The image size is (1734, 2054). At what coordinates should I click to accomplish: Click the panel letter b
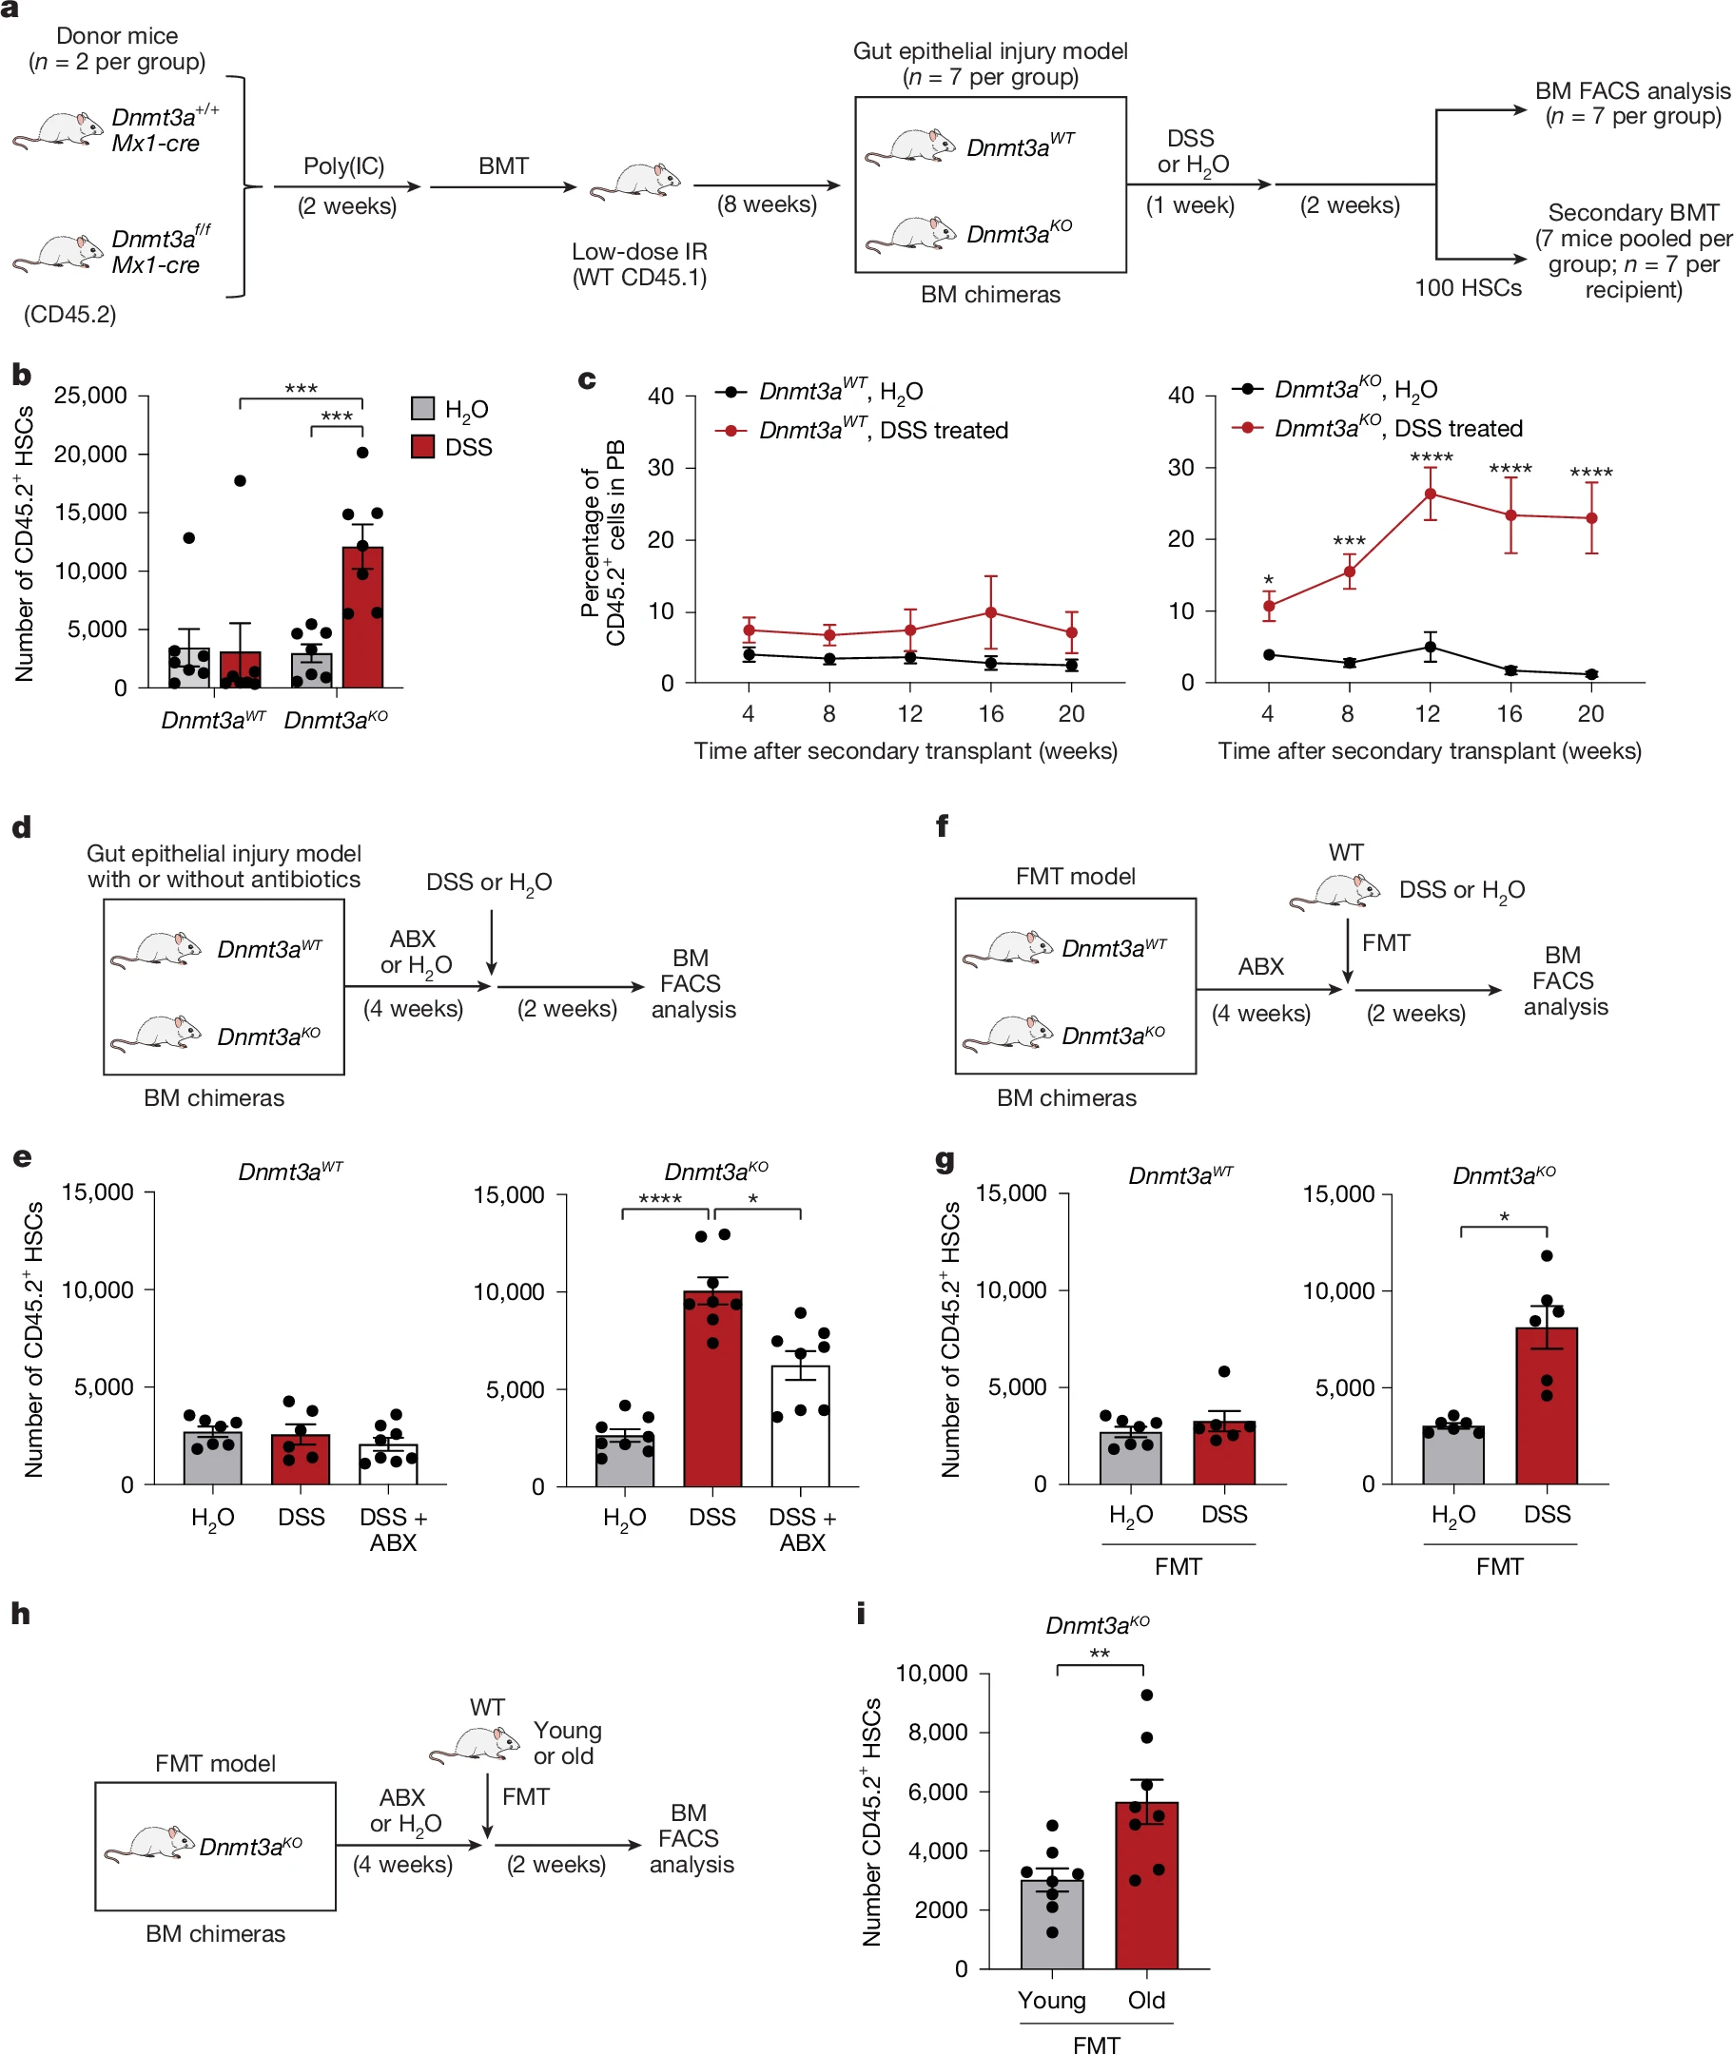22,375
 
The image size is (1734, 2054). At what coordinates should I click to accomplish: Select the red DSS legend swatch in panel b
422,446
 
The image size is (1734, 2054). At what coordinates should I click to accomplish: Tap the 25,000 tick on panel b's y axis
90,395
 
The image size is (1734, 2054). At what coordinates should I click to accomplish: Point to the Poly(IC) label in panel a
343,166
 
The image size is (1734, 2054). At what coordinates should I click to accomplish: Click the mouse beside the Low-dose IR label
636,182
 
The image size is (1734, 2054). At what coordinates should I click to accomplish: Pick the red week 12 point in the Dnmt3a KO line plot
1431,494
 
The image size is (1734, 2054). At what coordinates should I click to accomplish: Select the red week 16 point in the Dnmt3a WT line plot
991,612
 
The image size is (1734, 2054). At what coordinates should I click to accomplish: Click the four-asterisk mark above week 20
1590,474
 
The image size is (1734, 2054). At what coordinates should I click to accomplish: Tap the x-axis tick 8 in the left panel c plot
828,713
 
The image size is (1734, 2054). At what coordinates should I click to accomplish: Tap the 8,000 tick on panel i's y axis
937,1732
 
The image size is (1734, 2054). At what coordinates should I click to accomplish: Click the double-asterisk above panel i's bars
1099,1654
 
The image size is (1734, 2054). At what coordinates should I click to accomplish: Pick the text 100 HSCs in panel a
1468,288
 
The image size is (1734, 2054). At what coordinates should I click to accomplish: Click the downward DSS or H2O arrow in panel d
492,941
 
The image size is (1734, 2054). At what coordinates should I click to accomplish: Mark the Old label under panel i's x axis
1146,2000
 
